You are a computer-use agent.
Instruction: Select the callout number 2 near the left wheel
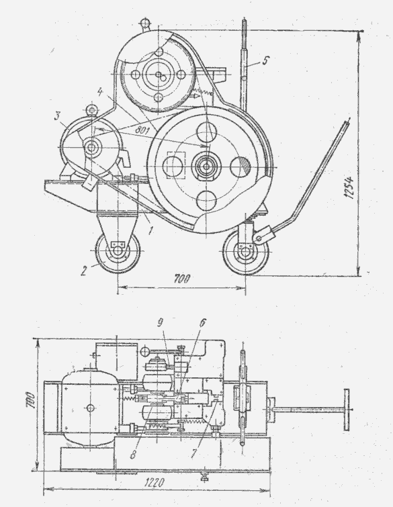click(x=84, y=271)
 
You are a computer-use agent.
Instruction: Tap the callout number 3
click(x=57, y=116)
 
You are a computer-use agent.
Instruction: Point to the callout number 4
click(x=100, y=92)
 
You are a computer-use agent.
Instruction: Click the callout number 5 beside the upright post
click(x=265, y=60)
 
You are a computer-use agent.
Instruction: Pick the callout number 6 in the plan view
click(x=202, y=323)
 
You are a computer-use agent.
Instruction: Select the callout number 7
click(x=193, y=453)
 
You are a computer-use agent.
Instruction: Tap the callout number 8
click(x=133, y=455)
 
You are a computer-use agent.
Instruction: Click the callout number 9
click(x=161, y=323)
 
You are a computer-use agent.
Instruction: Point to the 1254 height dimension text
click(x=349, y=188)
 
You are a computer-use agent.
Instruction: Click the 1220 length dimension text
click(x=155, y=483)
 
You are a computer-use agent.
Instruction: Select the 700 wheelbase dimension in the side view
click(x=182, y=279)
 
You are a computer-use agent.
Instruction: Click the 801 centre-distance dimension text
click(x=142, y=130)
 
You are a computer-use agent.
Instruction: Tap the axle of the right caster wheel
click(x=245, y=253)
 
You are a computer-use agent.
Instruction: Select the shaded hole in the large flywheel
click(x=240, y=167)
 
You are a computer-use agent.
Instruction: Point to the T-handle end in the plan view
click(x=347, y=410)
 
